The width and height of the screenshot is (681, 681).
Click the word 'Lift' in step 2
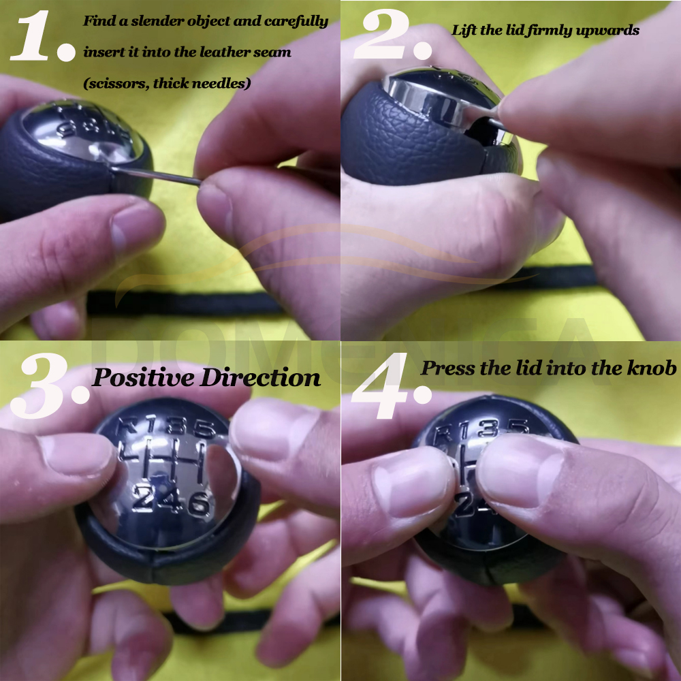tap(463, 31)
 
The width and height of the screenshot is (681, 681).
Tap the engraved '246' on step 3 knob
tap(170, 502)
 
